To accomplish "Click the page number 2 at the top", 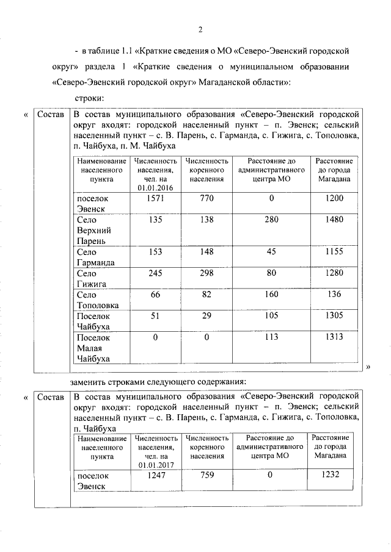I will (x=199, y=30).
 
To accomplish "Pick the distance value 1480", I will (x=334, y=220).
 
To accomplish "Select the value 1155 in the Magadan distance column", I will (x=334, y=251).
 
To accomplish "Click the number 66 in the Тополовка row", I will (x=156, y=295).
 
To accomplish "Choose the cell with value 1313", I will (x=334, y=337).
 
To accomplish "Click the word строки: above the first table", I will (x=88, y=98).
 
